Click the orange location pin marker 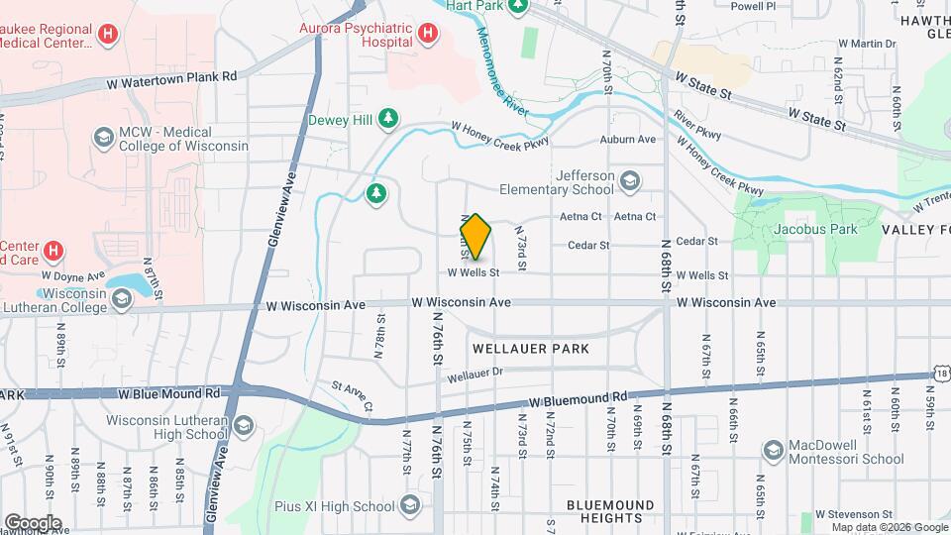point(475,236)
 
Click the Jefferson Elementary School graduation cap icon point(630,181)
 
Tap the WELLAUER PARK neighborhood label point(531,349)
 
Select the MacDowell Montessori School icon point(771,452)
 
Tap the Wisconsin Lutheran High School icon point(243,426)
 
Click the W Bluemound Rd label point(579,400)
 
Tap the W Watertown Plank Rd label point(174,76)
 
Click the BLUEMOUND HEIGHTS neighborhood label point(610,511)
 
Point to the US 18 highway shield point(941,373)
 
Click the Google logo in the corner point(33,522)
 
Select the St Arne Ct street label point(352,396)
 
